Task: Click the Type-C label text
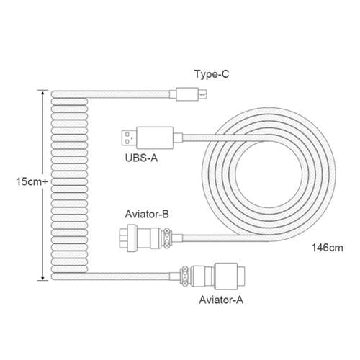click(212, 74)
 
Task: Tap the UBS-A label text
click(141, 158)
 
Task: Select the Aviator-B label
click(147, 214)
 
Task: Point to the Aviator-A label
click(221, 300)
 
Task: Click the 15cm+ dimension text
click(32, 181)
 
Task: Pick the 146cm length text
click(328, 248)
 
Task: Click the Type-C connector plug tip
click(203, 94)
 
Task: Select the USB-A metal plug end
click(129, 138)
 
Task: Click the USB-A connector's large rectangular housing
click(155, 138)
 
